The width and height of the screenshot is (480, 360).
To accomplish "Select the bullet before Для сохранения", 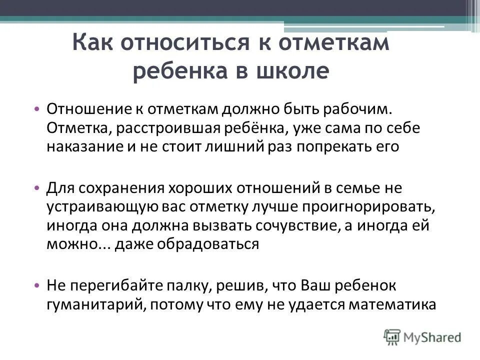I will click(37, 188).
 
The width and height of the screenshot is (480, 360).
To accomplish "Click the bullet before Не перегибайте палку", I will click(37, 285).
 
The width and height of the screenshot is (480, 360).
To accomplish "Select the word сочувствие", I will click(302, 225).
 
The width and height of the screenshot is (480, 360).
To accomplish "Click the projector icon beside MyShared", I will click(392, 337).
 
